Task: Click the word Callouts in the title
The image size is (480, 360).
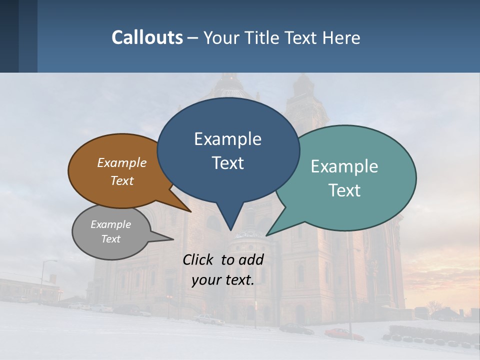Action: [x=147, y=37]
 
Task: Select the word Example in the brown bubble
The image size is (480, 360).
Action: [x=122, y=162]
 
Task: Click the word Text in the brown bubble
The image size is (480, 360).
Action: [x=122, y=180]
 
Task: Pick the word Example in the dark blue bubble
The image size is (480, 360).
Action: [x=227, y=139]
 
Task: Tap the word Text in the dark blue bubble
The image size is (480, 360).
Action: [x=227, y=163]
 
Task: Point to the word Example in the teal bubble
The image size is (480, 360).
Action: [x=344, y=166]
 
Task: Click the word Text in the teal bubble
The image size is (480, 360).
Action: [x=344, y=190]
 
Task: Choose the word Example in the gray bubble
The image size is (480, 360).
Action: [x=110, y=224]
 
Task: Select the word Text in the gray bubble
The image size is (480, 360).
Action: [x=110, y=239]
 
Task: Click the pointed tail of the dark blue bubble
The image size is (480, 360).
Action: [x=230, y=227]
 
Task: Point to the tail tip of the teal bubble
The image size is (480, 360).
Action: [x=268, y=234]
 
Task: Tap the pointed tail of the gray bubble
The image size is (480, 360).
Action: [x=170, y=239]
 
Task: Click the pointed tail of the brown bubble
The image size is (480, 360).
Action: [x=188, y=210]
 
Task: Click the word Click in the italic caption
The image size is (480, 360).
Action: [x=199, y=259]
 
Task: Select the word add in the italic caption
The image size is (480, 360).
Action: [x=251, y=259]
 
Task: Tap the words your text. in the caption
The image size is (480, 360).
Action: [x=223, y=280]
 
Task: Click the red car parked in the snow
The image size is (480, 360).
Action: [x=344, y=333]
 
